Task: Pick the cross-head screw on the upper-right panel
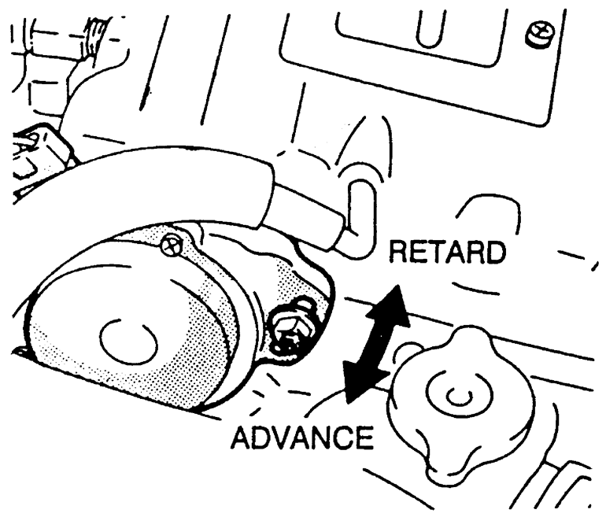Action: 539,34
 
